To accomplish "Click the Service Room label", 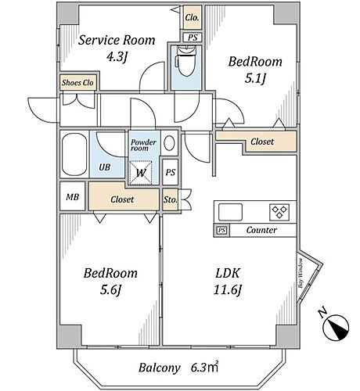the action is coord(117,40).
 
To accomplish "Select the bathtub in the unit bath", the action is coord(74,155).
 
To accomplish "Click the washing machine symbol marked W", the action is coord(141,173).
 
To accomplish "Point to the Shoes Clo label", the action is coord(77,83).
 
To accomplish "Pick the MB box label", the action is coord(73,197).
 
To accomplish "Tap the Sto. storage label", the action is coord(171,200).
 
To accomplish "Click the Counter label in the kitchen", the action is coord(261,230).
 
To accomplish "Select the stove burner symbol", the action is coord(279,212).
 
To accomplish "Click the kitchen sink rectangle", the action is coord(230,212).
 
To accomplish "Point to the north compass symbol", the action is coord(336,327).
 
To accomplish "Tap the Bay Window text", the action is coord(301,273).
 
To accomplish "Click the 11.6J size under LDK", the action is coord(227,289).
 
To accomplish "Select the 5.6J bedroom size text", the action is coord(110,289).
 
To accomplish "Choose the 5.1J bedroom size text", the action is coord(255,78).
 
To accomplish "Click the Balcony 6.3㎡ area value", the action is coord(204,368).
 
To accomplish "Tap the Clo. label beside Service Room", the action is coord(192,18).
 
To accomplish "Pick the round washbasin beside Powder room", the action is coord(169,143).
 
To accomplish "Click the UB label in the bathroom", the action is coord(105,167).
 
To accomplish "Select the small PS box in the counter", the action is coord(221,230).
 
